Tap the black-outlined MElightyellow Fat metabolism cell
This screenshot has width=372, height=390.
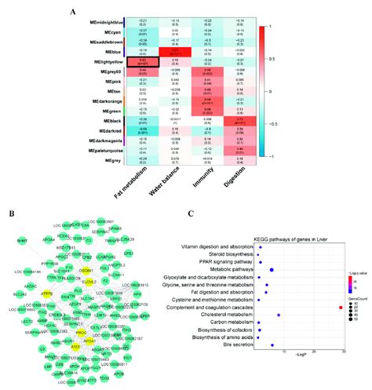pyautogui.click(x=143, y=62)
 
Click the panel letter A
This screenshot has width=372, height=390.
pyautogui.click(x=73, y=12)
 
